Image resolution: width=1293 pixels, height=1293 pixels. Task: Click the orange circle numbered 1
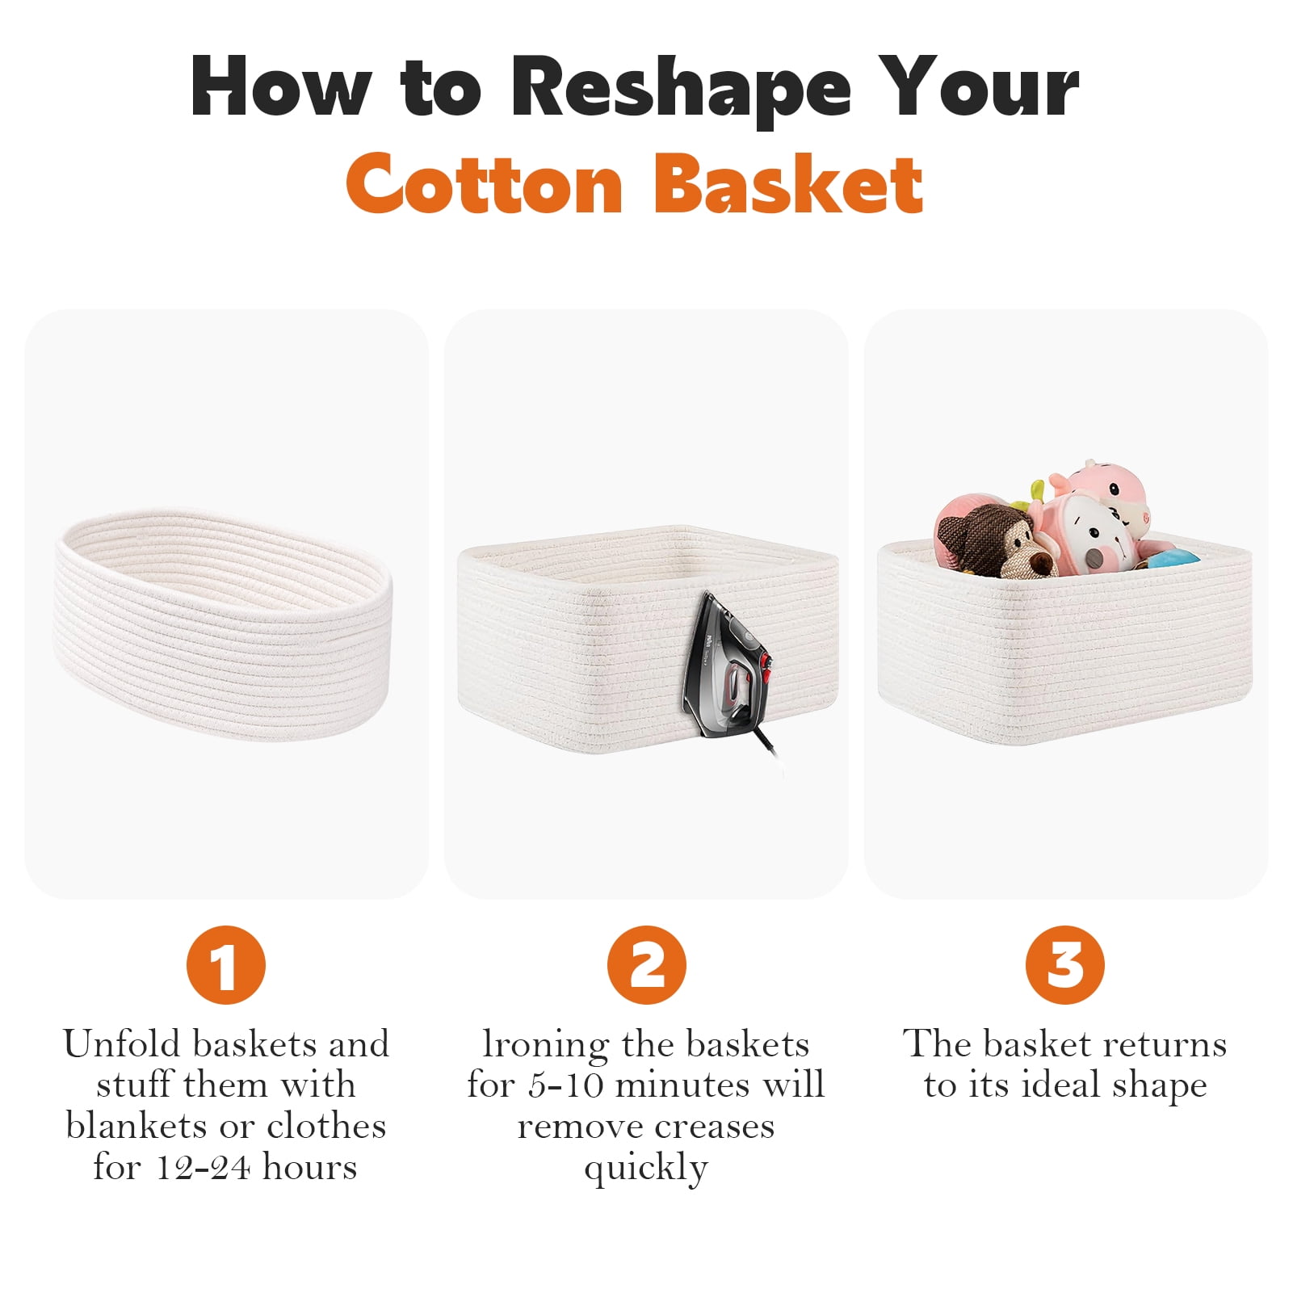point(225,964)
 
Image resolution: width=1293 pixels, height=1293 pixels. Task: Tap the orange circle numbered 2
point(646,964)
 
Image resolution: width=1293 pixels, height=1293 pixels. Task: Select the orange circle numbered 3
point(1064,964)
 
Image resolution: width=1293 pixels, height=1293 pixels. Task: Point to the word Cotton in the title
point(485,183)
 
